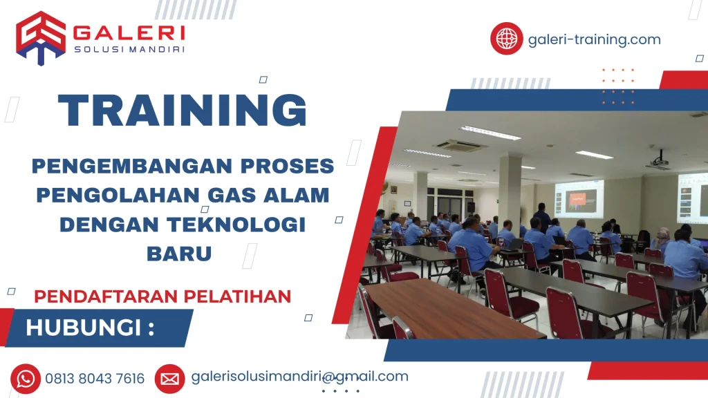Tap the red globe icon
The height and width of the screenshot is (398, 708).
(507, 38)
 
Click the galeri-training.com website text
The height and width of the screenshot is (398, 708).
(594, 39)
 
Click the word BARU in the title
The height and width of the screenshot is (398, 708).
(179, 254)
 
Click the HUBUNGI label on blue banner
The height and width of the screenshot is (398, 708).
(90, 328)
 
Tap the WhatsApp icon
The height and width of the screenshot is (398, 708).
(26, 378)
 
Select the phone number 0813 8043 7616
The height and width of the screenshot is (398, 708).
(95, 379)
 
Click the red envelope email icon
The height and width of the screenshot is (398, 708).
(169, 378)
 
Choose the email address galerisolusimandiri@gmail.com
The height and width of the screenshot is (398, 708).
(299, 377)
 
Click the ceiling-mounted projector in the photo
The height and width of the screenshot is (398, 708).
(659, 161)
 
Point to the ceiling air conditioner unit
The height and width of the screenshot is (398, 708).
(459, 145)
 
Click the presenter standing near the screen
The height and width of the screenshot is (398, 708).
(543, 213)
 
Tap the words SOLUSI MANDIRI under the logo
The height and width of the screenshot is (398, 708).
(129, 49)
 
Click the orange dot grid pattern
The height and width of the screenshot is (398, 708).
(617, 86)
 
